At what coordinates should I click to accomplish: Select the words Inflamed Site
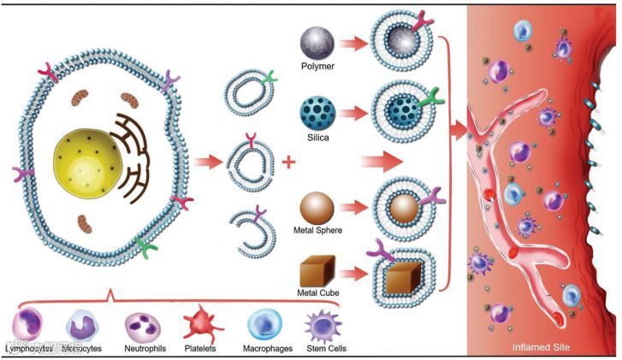(x=542, y=347)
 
